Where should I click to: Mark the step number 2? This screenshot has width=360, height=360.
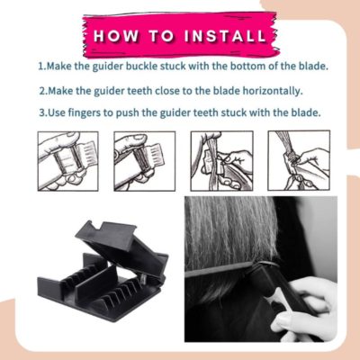pos(41,91)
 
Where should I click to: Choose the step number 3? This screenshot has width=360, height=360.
pos(41,114)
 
